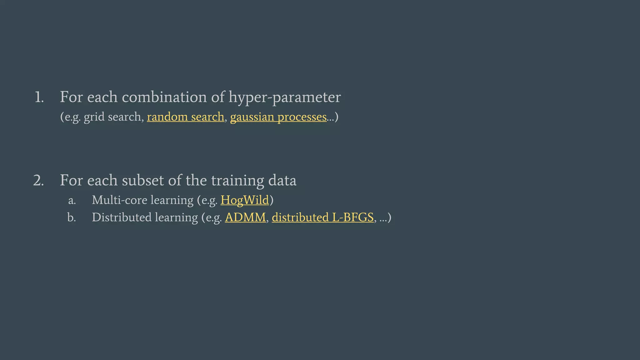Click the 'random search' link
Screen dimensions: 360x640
185,117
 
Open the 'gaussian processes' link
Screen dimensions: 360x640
278,117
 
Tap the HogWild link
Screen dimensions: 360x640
245,200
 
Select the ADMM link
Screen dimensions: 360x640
245,217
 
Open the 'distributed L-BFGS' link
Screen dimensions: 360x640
322,217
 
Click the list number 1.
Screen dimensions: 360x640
39,97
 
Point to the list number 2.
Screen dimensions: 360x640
38,181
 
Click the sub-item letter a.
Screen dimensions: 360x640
72,200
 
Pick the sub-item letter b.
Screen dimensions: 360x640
72,217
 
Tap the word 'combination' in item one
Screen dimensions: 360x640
164,97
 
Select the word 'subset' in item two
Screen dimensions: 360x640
142,180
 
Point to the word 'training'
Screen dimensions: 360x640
237,181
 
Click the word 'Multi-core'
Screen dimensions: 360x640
119,200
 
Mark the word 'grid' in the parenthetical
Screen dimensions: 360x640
94,117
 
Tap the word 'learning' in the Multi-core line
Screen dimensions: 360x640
172,200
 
